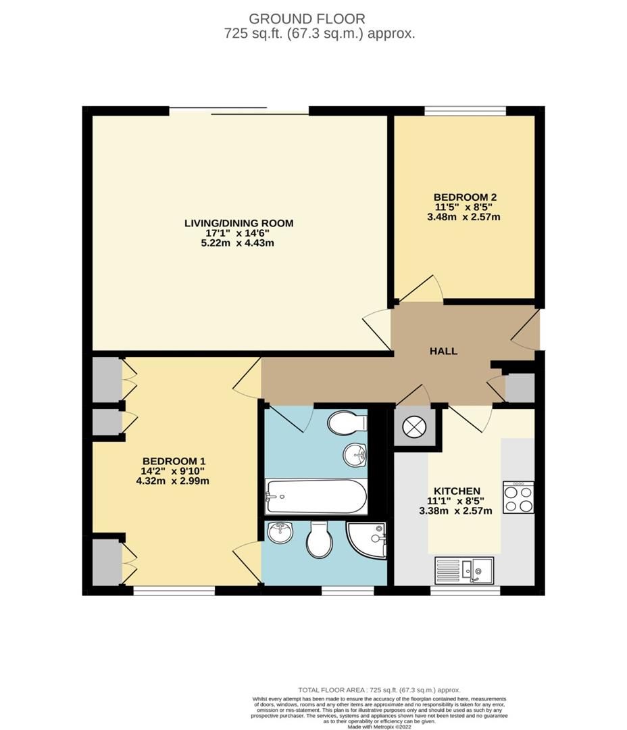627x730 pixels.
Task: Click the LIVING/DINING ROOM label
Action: pos(239,223)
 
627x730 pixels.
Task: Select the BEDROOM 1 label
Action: pos(172,461)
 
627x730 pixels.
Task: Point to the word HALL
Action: pos(444,351)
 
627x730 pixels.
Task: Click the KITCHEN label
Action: pos(457,491)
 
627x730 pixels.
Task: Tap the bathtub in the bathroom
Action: pos(316,497)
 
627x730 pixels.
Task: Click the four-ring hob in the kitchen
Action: pos(518,497)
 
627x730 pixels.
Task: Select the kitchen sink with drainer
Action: pos(463,569)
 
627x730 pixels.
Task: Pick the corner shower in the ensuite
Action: pos(367,541)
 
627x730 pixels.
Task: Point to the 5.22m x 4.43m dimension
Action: pos(239,243)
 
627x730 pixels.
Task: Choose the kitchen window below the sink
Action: pos(465,591)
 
